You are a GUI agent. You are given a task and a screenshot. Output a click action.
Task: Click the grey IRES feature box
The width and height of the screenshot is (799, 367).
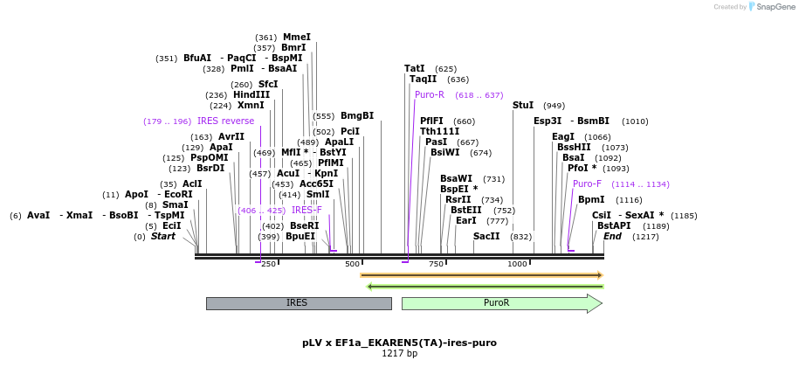tap(298, 303)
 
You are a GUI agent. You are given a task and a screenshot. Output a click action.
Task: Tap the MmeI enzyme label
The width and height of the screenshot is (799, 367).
tap(297, 37)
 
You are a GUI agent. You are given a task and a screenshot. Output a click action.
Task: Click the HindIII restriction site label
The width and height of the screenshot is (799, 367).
tap(251, 94)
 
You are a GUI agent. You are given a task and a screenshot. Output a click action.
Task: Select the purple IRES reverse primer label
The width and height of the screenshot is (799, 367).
tap(225, 121)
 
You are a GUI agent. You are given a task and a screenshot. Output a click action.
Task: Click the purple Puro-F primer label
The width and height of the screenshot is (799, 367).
tap(587, 183)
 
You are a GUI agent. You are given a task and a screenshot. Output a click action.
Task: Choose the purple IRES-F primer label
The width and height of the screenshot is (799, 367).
tap(307, 210)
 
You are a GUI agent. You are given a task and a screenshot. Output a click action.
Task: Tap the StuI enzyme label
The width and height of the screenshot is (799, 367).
tap(523, 105)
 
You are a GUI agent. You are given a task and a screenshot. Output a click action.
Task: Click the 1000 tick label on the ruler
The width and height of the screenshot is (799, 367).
tap(518, 264)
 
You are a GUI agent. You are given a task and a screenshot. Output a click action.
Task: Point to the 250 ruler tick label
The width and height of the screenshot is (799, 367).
tap(268, 264)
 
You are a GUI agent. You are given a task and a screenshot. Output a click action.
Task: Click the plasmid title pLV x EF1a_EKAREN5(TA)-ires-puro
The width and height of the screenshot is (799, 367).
tap(399, 343)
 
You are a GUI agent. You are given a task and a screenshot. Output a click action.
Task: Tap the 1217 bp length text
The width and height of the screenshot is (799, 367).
tap(399, 354)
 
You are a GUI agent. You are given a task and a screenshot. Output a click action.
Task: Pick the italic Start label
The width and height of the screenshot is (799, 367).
tap(163, 236)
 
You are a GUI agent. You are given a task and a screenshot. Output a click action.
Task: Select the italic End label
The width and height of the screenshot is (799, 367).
tap(612, 236)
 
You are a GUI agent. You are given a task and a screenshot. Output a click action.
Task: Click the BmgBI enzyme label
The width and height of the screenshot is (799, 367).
tap(356, 115)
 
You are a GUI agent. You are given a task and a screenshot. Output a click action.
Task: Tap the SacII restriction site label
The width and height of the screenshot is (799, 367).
tap(486, 236)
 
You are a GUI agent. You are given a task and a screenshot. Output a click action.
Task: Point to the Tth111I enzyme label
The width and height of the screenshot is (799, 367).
tap(439, 131)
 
